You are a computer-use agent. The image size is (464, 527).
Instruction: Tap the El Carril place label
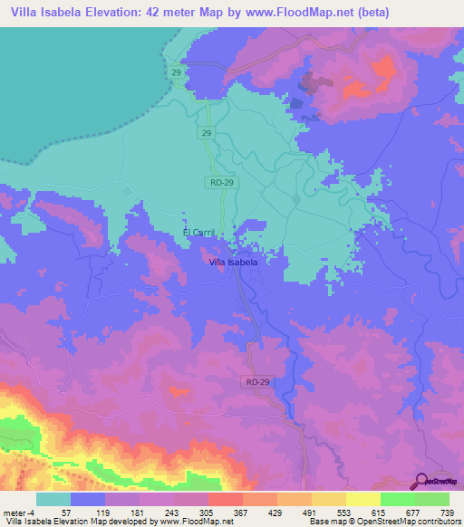(198, 233)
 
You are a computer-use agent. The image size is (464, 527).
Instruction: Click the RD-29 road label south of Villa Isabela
(257, 383)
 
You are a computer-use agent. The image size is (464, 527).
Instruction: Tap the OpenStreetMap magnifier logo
(420, 481)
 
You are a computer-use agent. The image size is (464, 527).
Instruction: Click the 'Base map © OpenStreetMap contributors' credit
(382, 521)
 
